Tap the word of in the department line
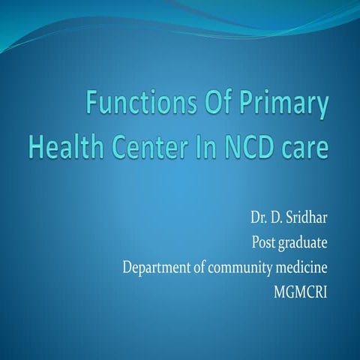(200, 268)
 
